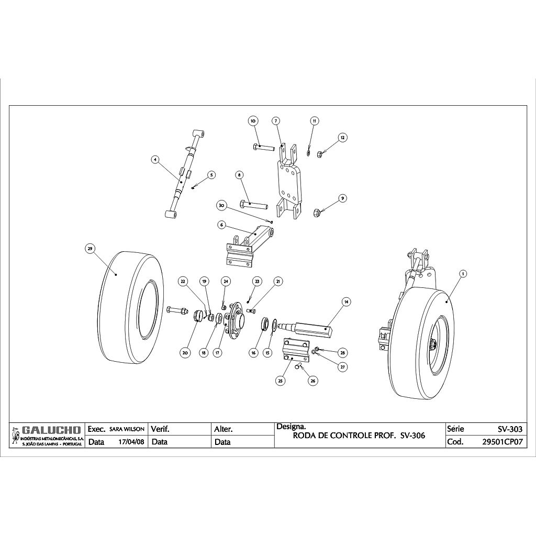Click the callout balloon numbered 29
pos(90,249)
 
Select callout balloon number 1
pos(462,273)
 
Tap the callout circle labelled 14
pos(345,301)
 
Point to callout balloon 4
pos(154,160)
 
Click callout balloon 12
pos(342,138)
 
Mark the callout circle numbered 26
pos(313,381)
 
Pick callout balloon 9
pos(342,198)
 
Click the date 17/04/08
pos(131,442)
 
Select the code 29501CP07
pos(501,442)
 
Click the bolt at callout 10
pos(264,147)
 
